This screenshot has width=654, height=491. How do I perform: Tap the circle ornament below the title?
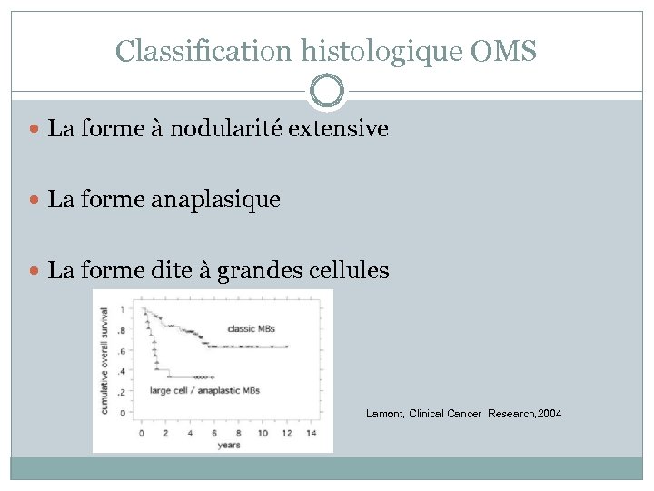coord(327,92)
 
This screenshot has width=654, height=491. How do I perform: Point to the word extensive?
coord(340,129)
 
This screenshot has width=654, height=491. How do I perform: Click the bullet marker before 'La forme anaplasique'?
coord(35,199)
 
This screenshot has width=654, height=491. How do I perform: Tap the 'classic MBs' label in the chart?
coord(251,328)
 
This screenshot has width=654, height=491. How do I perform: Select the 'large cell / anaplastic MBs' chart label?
coord(205,390)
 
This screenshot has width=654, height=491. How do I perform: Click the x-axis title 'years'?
coord(229,445)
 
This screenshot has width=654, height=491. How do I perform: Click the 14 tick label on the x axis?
coord(312,433)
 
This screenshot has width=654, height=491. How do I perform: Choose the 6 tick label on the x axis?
coord(214,433)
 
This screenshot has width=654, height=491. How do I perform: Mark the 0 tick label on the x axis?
coord(141,433)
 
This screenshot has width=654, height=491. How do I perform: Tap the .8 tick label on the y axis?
coord(122,330)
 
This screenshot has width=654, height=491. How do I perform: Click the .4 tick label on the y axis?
coord(122,371)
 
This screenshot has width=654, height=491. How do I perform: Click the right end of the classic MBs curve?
coord(287,346)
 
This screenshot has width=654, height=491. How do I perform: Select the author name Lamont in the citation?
coord(384,414)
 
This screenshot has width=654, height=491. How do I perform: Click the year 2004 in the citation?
coord(549,414)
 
